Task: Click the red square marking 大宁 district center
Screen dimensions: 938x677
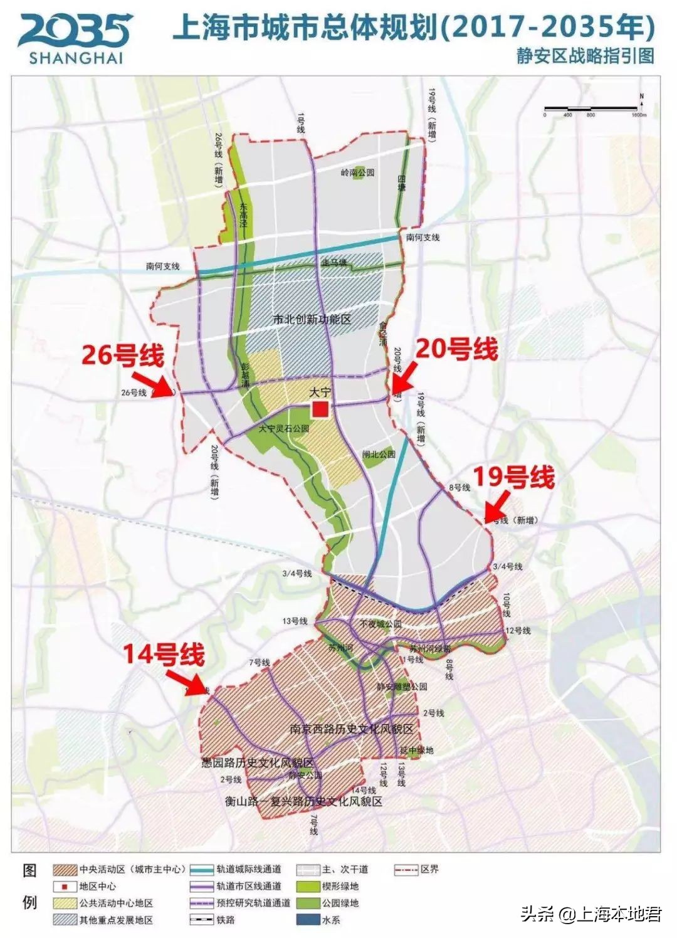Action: coord(321,410)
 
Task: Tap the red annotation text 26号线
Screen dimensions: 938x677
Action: coord(123,356)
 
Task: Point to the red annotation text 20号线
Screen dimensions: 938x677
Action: coord(457,349)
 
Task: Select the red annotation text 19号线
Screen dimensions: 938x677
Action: coord(513,477)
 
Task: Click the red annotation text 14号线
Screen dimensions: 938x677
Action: coord(164,655)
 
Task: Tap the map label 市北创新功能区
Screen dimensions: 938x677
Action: coord(312,319)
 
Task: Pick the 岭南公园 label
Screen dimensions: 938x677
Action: coord(357,172)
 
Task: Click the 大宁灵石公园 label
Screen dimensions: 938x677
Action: coord(284,429)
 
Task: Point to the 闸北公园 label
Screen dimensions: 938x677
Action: coord(379,453)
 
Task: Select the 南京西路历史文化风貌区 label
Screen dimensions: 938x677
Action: coord(352,729)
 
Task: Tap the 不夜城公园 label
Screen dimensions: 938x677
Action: coord(380,624)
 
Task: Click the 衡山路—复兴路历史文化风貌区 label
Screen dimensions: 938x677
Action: coord(303,801)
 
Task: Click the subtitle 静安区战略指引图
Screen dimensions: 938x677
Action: coord(585,56)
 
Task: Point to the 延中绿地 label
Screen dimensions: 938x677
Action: coord(417,751)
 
